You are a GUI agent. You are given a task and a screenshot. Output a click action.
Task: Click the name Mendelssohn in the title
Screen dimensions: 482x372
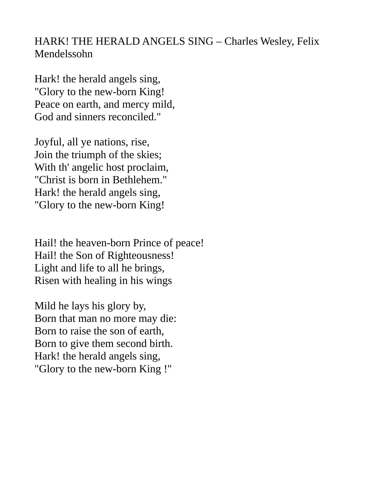pos(63,54)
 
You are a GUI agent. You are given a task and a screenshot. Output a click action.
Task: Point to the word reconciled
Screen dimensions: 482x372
pos(132,117)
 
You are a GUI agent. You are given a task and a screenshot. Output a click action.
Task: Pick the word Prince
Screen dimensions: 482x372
pos(147,243)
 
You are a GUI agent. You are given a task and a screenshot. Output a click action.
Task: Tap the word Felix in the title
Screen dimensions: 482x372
pos(308,41)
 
